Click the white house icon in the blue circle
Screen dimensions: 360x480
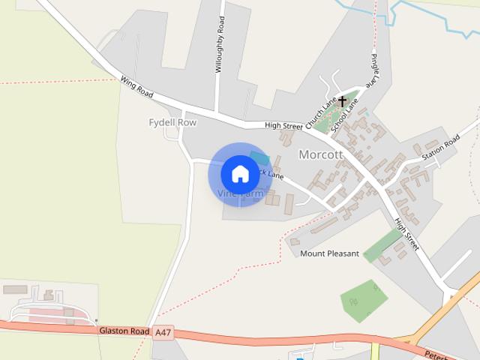[x=240, y=174]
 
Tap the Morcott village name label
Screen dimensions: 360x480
[x=321, y=154]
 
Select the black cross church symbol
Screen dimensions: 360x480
[x=343, y=101]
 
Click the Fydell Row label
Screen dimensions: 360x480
[x=172, y=122]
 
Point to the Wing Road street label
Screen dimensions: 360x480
[x=136, y=88]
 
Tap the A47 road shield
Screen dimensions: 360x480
[x=163, y=331]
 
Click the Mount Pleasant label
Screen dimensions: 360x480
[x=330, y=253]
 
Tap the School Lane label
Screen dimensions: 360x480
[x=345, y=116]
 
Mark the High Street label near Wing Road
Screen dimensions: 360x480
[x=283, y=126]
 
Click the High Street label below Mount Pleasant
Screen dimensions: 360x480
[x=407, y=233]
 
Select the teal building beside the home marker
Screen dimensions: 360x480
[x=259, y=157]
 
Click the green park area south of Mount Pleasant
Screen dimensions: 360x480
[x=364, y=299]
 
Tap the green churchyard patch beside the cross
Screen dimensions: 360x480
[x=331, y=118]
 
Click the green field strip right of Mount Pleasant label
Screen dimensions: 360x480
[x=383, y=244]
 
